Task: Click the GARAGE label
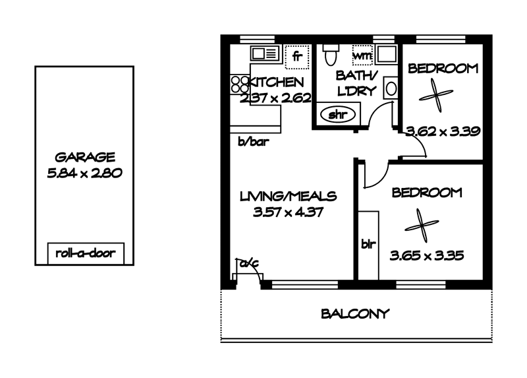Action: point(85,157)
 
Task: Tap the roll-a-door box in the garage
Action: point(86,253)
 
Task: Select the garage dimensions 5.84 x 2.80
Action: point(85,173)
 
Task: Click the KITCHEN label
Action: point(275,82)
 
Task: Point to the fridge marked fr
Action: point(297,57)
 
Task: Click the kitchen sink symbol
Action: point(265,53)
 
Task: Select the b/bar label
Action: point(254,142)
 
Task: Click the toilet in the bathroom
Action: point(331,55)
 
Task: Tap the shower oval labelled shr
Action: point(337,114)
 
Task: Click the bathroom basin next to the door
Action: point(391,88)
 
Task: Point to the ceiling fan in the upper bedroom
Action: point(436,95)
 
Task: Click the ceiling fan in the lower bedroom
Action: point(422,225)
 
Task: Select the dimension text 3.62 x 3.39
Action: point(443,131)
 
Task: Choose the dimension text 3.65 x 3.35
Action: point(427,256)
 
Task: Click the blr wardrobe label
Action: point(368,244)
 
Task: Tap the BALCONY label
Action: point(355,314)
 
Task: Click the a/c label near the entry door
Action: point(249,263)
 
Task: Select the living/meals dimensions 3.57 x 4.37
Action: point(288,212)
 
